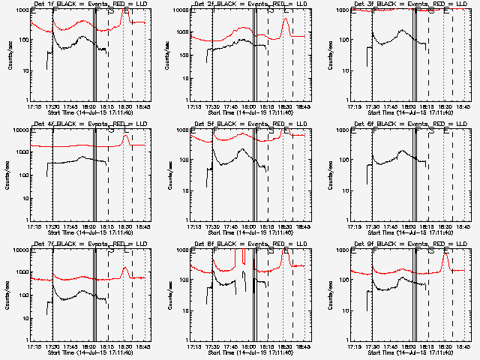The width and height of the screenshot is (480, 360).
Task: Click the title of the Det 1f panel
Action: pyautogui.click(x=89, y=4)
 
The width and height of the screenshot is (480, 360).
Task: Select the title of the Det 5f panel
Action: pyautogui.click(x=250, y=124)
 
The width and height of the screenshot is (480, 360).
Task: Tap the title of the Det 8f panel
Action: pyautogui.click(x=250, y=244)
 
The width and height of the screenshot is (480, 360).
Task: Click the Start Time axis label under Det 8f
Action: pyautogui.click(x=250, y=352)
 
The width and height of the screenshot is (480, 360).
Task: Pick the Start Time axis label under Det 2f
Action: pyautogui.click(x=250, y=112)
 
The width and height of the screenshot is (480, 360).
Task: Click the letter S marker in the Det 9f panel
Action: pyautogui.click(x=430, y=250)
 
